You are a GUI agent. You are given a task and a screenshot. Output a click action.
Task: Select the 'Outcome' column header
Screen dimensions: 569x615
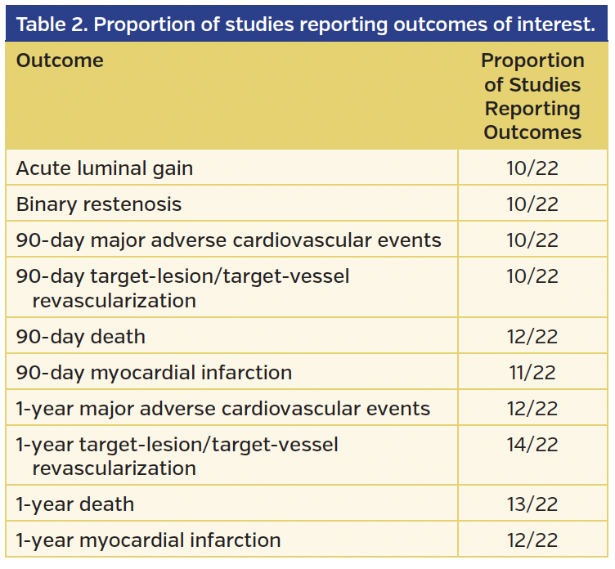coord(60,61)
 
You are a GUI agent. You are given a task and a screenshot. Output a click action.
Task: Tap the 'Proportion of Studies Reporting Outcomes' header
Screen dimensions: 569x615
coord(532,96)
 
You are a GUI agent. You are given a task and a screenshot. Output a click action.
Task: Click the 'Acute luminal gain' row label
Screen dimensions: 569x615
coord(105,168)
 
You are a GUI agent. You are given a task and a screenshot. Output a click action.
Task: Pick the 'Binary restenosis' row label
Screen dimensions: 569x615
coord(99,204)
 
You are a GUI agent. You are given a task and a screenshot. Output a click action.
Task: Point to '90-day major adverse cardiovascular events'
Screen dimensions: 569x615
coord(229,240)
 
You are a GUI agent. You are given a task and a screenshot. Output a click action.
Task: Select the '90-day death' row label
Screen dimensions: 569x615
coord(80,336)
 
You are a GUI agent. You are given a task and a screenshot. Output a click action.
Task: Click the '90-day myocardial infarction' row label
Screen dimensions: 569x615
coord(154,373)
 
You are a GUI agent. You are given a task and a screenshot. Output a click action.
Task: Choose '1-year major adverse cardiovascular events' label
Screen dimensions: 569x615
coord(223,408)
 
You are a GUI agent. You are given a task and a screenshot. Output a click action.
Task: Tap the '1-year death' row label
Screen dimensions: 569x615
coord(74,504)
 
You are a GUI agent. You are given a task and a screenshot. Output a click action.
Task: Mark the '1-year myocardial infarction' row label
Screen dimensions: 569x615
coord(148,540)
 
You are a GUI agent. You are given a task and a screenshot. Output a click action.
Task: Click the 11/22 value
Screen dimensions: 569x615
coord(532,373)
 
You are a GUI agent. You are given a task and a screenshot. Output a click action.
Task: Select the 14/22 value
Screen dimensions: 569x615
coord(532,445)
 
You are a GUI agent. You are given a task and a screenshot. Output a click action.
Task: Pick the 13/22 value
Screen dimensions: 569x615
coord(532,504)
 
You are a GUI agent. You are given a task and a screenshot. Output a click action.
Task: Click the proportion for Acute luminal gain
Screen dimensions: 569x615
coord(532,168)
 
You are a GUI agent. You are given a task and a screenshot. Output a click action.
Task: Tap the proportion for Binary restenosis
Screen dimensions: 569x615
coord(532,204)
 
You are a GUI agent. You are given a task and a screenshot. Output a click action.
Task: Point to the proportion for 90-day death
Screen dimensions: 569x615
coord(532,336)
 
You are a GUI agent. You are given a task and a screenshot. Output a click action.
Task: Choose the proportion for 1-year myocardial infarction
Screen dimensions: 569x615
coord(532,540)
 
